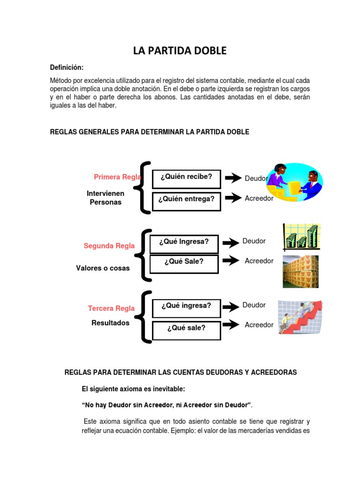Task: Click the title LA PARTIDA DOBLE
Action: (180, 51)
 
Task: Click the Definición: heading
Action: (67, 67)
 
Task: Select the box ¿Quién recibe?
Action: (186, 177)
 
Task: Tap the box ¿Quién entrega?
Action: (186, 199)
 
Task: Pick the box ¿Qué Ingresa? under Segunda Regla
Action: (183, 242)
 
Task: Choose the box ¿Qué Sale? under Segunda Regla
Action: (183, 262)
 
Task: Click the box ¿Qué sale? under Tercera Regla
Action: (186, 328)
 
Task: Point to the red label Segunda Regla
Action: (109, 246)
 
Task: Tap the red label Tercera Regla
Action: (111, 308)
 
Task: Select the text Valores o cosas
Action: (103, 268)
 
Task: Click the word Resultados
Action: (110, 323)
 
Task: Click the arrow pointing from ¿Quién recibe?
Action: (233, 178)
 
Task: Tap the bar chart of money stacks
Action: (301, 238)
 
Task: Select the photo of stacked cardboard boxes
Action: (300, 271)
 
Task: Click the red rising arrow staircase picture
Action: (300, 317)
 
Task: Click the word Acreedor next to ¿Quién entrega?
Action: (259, 198)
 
